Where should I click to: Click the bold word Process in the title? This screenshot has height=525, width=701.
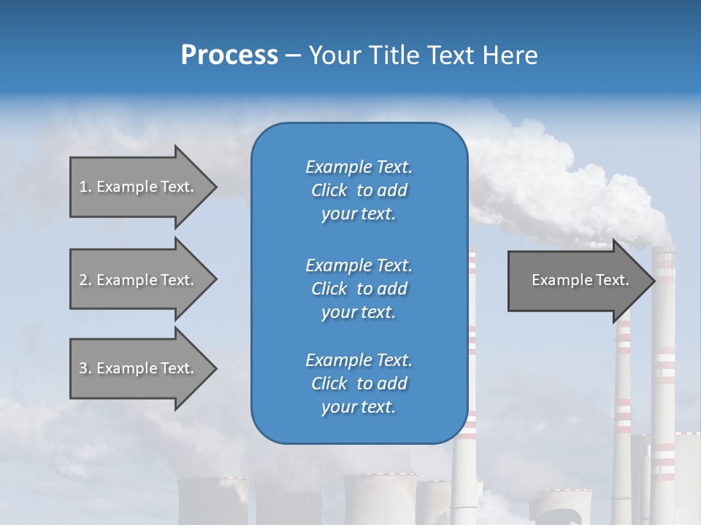click(229, 55)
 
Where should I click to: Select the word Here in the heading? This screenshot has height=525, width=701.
click(510, 55)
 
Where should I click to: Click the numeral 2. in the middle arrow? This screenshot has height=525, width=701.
click(85, 280)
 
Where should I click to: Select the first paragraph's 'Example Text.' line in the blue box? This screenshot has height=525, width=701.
click(359, 167)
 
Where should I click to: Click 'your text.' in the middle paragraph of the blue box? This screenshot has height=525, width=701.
click(359, 312)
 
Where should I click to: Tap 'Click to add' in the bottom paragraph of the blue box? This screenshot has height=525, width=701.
click(359, 384)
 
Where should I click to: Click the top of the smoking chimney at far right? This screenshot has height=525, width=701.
click(663, 252)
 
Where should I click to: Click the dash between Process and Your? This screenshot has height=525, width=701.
click(293, 56)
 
